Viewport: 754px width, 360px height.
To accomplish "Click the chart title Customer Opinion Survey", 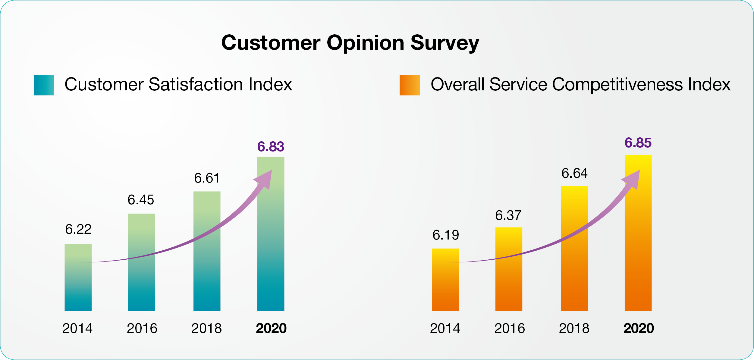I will [x=350, y=43].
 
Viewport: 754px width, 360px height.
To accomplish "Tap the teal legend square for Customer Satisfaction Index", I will [x=44, y=85].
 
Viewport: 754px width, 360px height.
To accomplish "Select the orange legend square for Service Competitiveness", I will [x=410, y=85].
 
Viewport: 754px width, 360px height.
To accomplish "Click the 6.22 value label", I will [x=78, y=230].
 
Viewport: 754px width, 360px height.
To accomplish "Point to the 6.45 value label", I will [x=141, y=200].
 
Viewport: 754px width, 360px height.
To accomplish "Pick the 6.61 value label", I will [x=207, y=178].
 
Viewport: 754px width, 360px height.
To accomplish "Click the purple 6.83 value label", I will [x=271, y=147].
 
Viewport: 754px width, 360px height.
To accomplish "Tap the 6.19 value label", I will [x=445, y=235].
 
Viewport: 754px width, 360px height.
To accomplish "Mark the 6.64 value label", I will [x=574, y=174].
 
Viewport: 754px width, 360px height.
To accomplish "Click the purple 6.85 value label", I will [x=638, y=143].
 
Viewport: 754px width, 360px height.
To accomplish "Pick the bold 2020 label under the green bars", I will [x=271, y=328].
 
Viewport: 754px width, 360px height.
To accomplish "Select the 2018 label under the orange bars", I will [x=574, y=328].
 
